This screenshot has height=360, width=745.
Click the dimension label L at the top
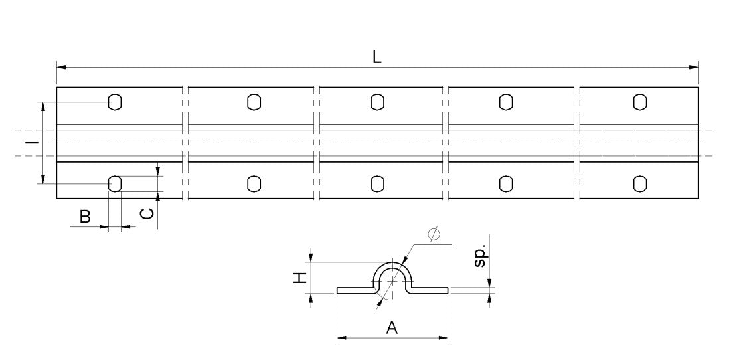tap(376, 57)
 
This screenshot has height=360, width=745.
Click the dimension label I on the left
tap(30, 142)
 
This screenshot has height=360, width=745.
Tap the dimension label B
tap(84, 216)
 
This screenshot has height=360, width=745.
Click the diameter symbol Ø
tap(434, 234)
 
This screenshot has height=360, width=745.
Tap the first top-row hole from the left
tap(115, 102)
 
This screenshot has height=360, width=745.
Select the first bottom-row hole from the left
tap(115, 183)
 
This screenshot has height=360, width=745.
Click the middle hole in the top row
tap(377, 102)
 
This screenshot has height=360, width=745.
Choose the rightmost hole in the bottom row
tap(639, 183)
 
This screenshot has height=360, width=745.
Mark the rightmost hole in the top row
tap(639, 102)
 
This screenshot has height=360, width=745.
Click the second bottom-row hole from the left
tap(254, 183)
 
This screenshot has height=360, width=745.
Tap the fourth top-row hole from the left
tap(506, 102)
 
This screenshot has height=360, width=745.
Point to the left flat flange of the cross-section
tap(352, 290)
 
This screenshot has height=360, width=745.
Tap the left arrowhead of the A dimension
tap(341, 339)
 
